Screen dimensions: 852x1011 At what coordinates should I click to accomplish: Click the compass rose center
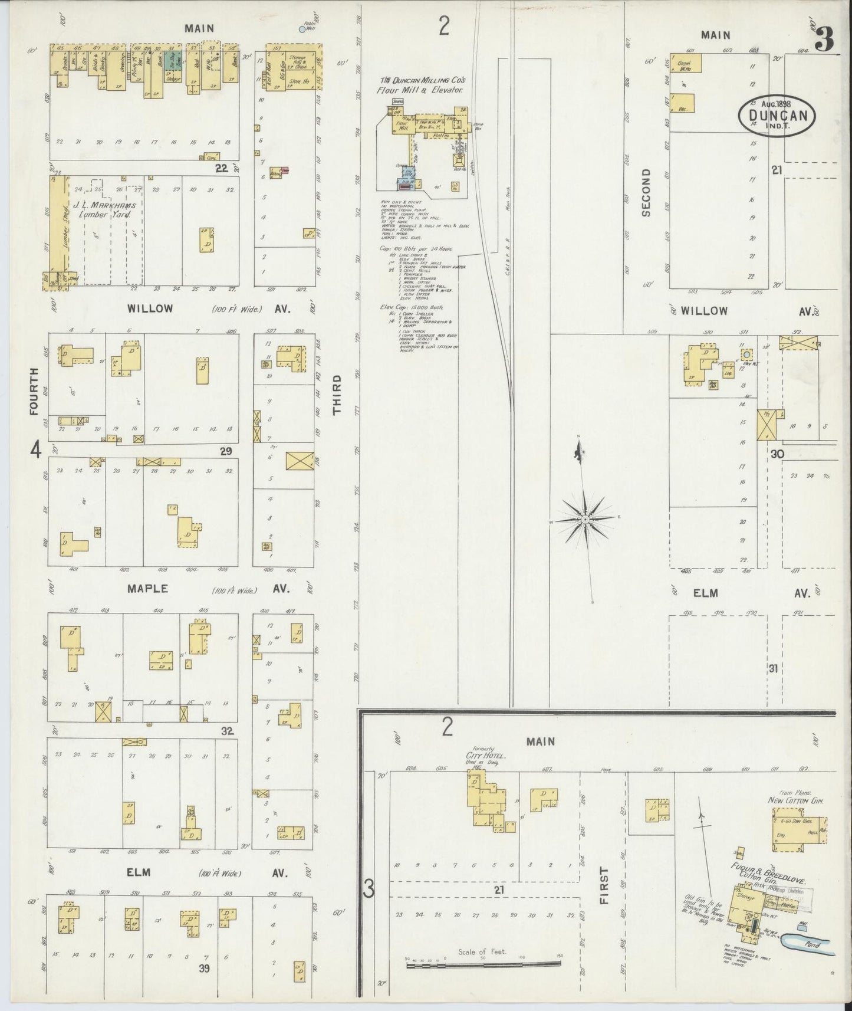[584, 518]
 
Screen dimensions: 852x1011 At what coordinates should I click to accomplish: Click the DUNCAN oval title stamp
[777, 116]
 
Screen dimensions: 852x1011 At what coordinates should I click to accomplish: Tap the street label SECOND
[646, 192]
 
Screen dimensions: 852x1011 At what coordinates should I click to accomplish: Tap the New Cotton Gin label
[795, 800]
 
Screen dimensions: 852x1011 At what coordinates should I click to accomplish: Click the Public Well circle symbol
[302, 29]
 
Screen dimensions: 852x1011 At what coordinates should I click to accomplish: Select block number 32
[228, 731]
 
